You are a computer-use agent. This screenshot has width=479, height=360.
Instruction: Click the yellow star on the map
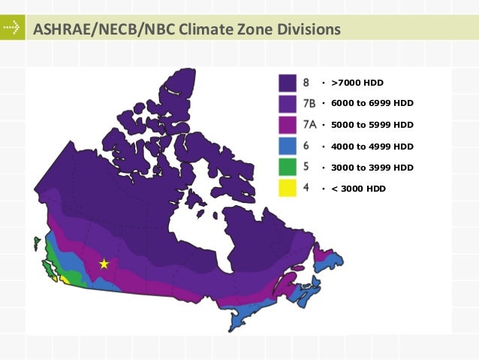coord(104,264)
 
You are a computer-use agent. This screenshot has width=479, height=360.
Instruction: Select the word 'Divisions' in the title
coord(306,30)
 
